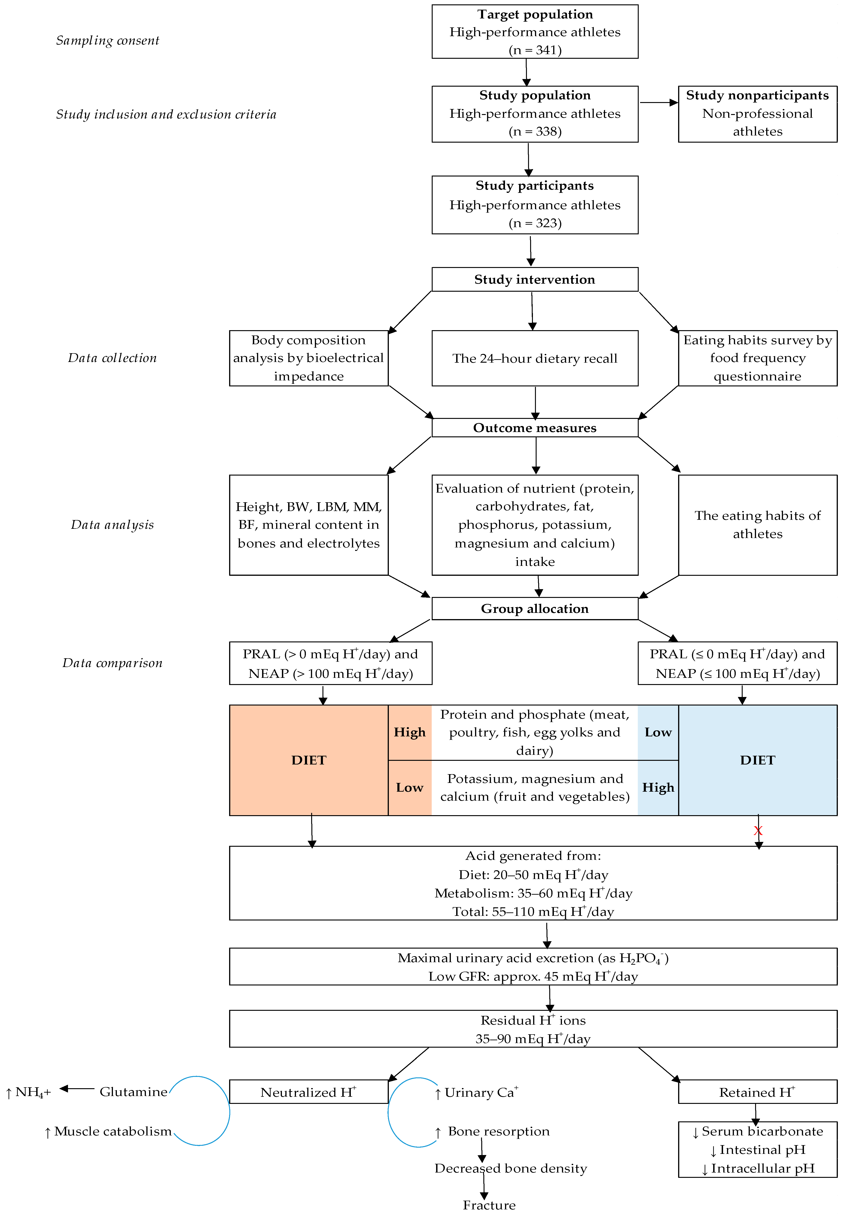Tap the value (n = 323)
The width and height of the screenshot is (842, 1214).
535,223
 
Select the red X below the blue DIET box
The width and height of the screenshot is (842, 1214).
758,831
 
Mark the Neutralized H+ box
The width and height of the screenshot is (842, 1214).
309,1092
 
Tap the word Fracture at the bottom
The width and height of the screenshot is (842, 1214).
489,1205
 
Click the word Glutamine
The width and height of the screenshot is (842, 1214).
133,1092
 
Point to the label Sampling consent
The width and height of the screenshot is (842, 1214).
108,41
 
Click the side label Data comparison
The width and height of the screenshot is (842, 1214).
112,663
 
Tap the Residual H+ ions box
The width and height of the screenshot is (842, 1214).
533,1029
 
